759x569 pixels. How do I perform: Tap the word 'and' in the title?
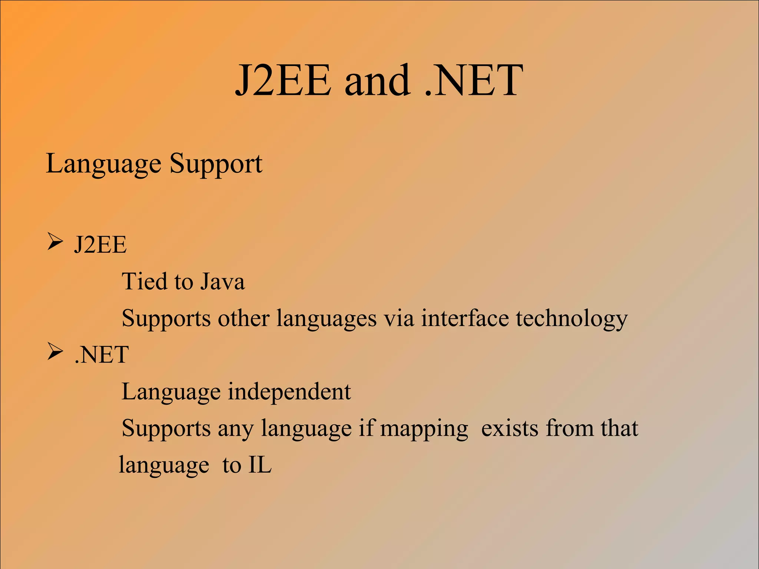coord(377,80)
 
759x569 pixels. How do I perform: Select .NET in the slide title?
coord(474,80)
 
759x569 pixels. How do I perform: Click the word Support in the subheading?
coord(216,164)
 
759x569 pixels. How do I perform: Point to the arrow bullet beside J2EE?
coord(55,242)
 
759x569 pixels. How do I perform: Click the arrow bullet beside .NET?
coord(55,352)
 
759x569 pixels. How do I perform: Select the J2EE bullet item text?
coord(100,245)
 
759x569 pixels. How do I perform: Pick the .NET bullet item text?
coord(102,355)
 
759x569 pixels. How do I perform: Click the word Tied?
coord(145,281)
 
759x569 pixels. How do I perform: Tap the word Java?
coord(222,281)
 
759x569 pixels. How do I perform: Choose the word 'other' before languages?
coord(243,318)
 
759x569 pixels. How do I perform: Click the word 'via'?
coord(398,318)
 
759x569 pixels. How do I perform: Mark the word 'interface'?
coord(465,318)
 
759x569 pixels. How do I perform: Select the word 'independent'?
coord(289,392)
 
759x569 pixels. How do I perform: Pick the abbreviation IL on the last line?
coord(260,465)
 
